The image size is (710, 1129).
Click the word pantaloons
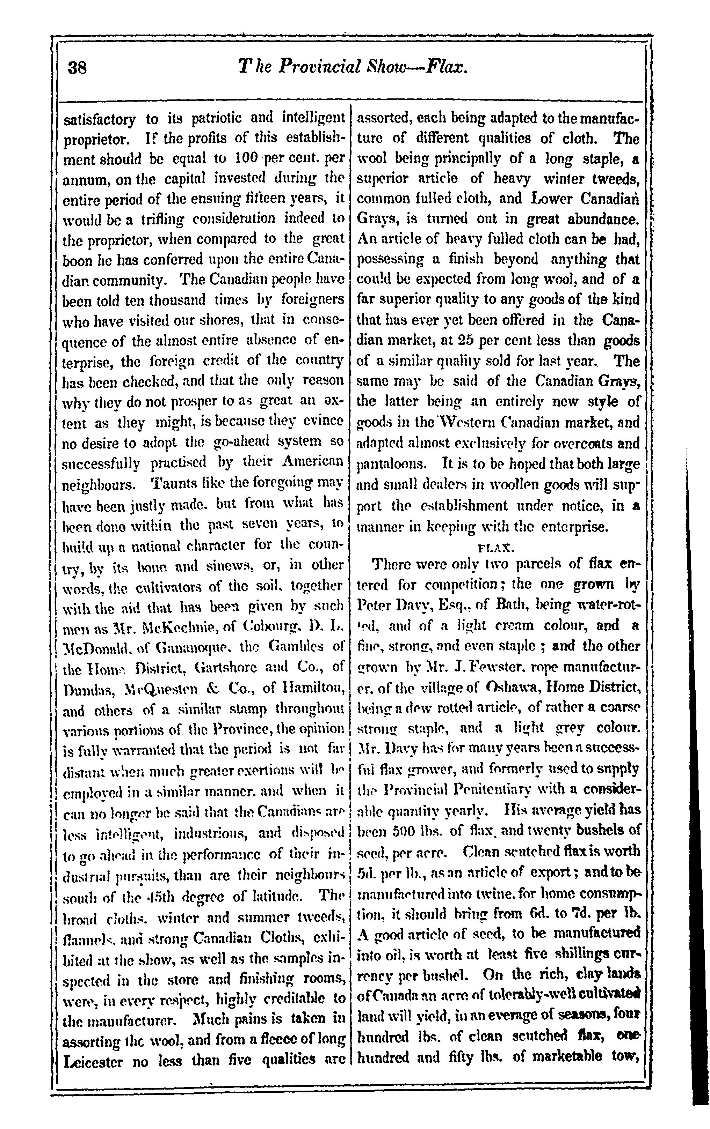click(390, 464)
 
